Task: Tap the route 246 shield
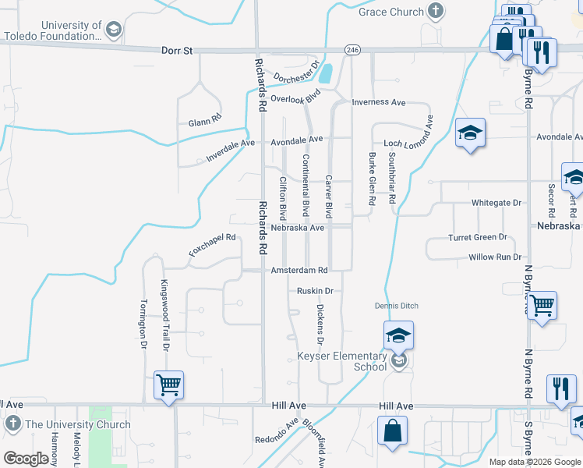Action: (353, 49)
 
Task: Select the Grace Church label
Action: (391, 12)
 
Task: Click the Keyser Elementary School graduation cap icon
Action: (398, 336)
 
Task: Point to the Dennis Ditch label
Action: (397, 306)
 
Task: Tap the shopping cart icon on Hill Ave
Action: (168, 385)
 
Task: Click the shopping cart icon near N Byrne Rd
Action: (542, 305)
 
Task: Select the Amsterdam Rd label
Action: (299, 270)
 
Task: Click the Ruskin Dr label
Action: (315, 291)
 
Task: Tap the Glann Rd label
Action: (205, 122)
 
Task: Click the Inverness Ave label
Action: (379, 102)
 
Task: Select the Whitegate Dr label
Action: (496, 203)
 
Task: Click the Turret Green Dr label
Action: (478, 237)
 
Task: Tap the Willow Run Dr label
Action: (495, 257)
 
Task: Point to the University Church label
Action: (78, 425)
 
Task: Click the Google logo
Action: (26, 459)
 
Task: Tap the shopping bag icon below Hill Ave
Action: (392, 431)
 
